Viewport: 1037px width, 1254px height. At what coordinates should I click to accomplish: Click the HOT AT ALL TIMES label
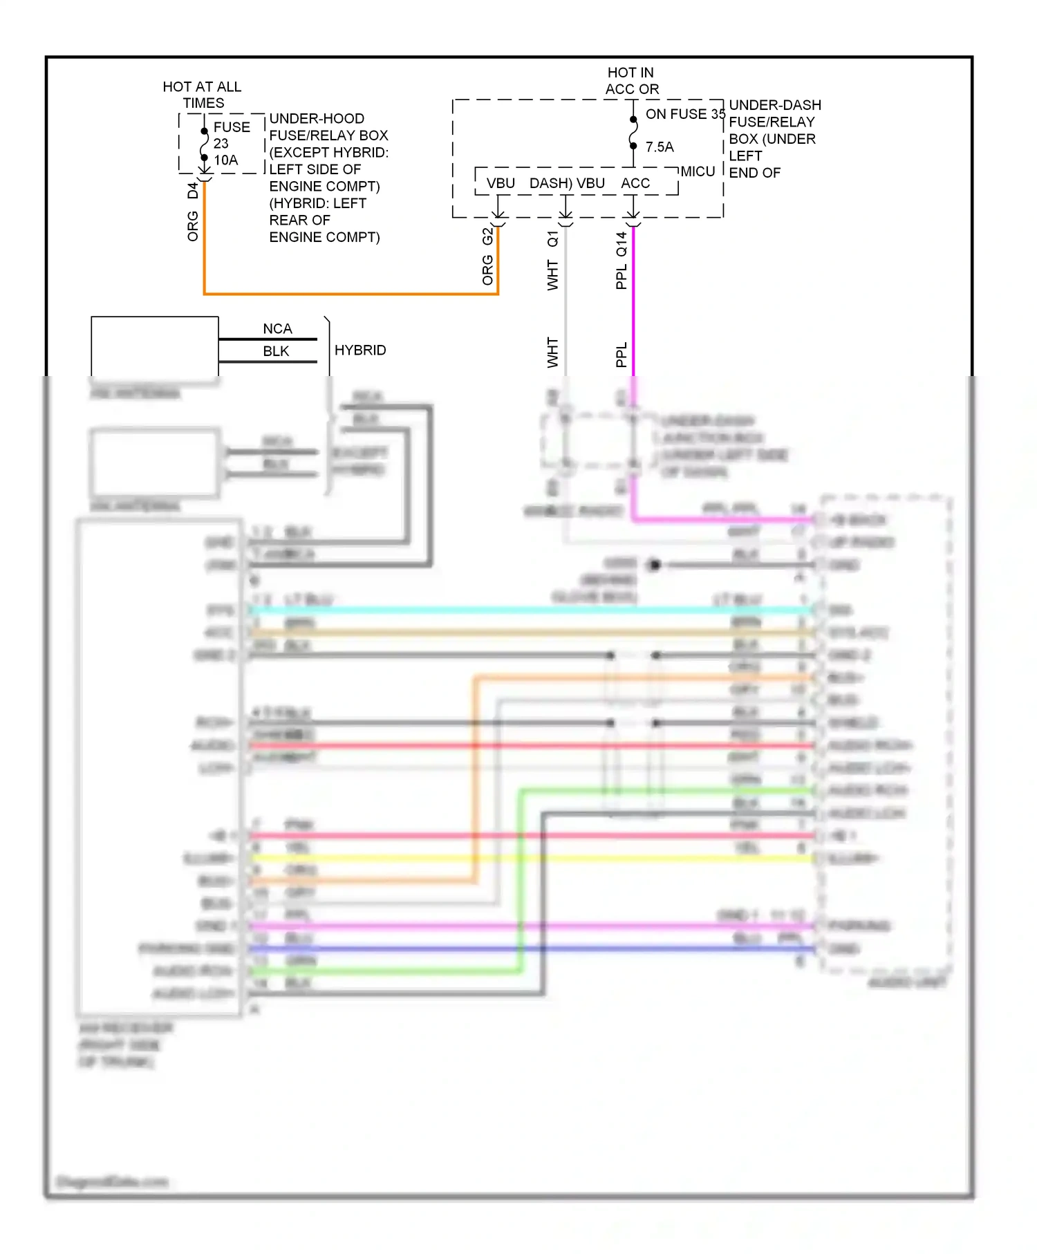pyautogui.click(x=202, y=95)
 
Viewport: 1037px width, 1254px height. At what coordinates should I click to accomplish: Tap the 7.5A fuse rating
pyautogui.click(x=659, y=147)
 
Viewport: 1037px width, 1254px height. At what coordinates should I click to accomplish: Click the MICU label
pyautogui.click(x=697, y=171)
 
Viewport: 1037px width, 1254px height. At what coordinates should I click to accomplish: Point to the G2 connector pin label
pyautogui.click(x=487, y=236)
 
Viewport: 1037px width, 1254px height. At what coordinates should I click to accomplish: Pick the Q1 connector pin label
pyautogui.click(x=552, y=238)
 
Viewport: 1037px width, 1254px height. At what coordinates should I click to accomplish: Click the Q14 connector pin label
pyautogui.click(x=621, y=244)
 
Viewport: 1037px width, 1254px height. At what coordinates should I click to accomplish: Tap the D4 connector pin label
pyautogui.click(x=193, y=191)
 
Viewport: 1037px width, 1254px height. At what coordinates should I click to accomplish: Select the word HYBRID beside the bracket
pyautogui.click(x=359, y=350)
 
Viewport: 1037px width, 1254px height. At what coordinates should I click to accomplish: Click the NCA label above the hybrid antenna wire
pyautogui.click(x=277, y=329)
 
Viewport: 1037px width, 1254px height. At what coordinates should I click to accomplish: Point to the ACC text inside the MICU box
pyautogui.click(x=635, y=183)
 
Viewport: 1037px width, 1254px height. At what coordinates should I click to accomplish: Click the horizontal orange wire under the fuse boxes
pyautogui.click(x=351, y=294)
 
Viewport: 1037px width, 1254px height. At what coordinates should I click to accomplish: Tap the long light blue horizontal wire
pyautogui.click(x=525, y=610)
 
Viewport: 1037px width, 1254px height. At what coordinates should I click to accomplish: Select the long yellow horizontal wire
pyautogui.click(x=525, y=859)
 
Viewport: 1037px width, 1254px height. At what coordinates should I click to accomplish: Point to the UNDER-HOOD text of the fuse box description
pyautogui.click(x=316, y=119)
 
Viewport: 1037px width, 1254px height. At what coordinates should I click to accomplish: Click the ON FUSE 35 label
pyautogui.click(x=684, y=114)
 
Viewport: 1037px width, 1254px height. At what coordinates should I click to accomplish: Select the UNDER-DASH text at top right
pyautogui.click(x=774, y=105)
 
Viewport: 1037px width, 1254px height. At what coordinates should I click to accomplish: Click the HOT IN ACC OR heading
pyautogui.click(x=631, y=81)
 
